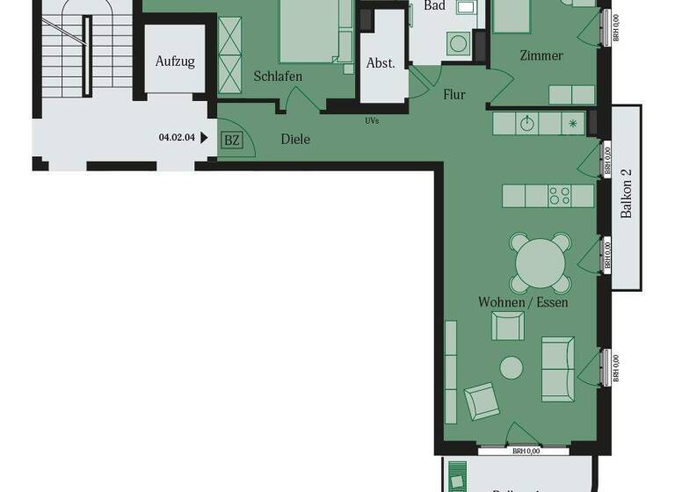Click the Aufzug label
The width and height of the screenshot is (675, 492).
[175, 61]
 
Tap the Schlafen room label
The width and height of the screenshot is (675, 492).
[278, 76]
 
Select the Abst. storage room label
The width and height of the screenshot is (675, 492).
[381, 63]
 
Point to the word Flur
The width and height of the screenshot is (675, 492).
[454, 95]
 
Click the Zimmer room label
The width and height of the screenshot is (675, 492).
[541, 56]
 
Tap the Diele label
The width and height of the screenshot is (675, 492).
[295, 139]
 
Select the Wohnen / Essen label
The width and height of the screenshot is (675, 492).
[523, 302]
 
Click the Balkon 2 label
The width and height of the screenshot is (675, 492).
[627, 199]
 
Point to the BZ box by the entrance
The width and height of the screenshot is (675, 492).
[231, 140]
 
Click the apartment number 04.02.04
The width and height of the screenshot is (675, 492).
[177, 137]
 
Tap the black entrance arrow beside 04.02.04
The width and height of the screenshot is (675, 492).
[205, 137]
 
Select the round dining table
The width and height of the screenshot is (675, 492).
[539, 261]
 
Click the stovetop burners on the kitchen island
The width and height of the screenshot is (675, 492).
[560, 195]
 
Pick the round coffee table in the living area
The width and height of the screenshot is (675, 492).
[511, 367]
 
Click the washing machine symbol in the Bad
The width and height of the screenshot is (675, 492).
[457, 41]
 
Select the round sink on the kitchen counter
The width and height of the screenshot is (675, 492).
[526, 124]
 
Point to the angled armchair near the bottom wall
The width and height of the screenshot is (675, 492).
[481, 402]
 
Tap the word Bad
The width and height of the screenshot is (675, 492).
[434, 6]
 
